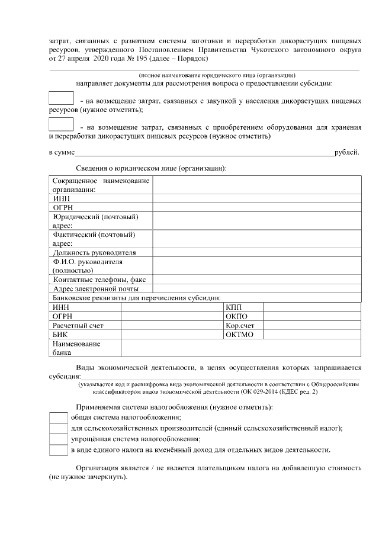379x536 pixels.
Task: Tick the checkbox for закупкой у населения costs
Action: [60, 99]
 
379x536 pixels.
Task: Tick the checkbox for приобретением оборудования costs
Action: [60, 125]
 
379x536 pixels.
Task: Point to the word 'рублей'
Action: [346, 153]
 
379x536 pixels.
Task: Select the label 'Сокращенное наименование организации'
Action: [101, 185]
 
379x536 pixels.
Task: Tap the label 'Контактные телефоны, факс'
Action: [101, 279]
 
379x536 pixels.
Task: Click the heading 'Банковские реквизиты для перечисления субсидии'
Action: [137, 297]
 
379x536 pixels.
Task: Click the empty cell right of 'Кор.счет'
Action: [311, 326]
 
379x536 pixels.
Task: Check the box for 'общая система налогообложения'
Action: [58, 418]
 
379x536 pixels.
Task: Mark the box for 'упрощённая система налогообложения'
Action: [58, 439]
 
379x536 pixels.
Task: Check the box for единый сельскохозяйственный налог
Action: [58, 428]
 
